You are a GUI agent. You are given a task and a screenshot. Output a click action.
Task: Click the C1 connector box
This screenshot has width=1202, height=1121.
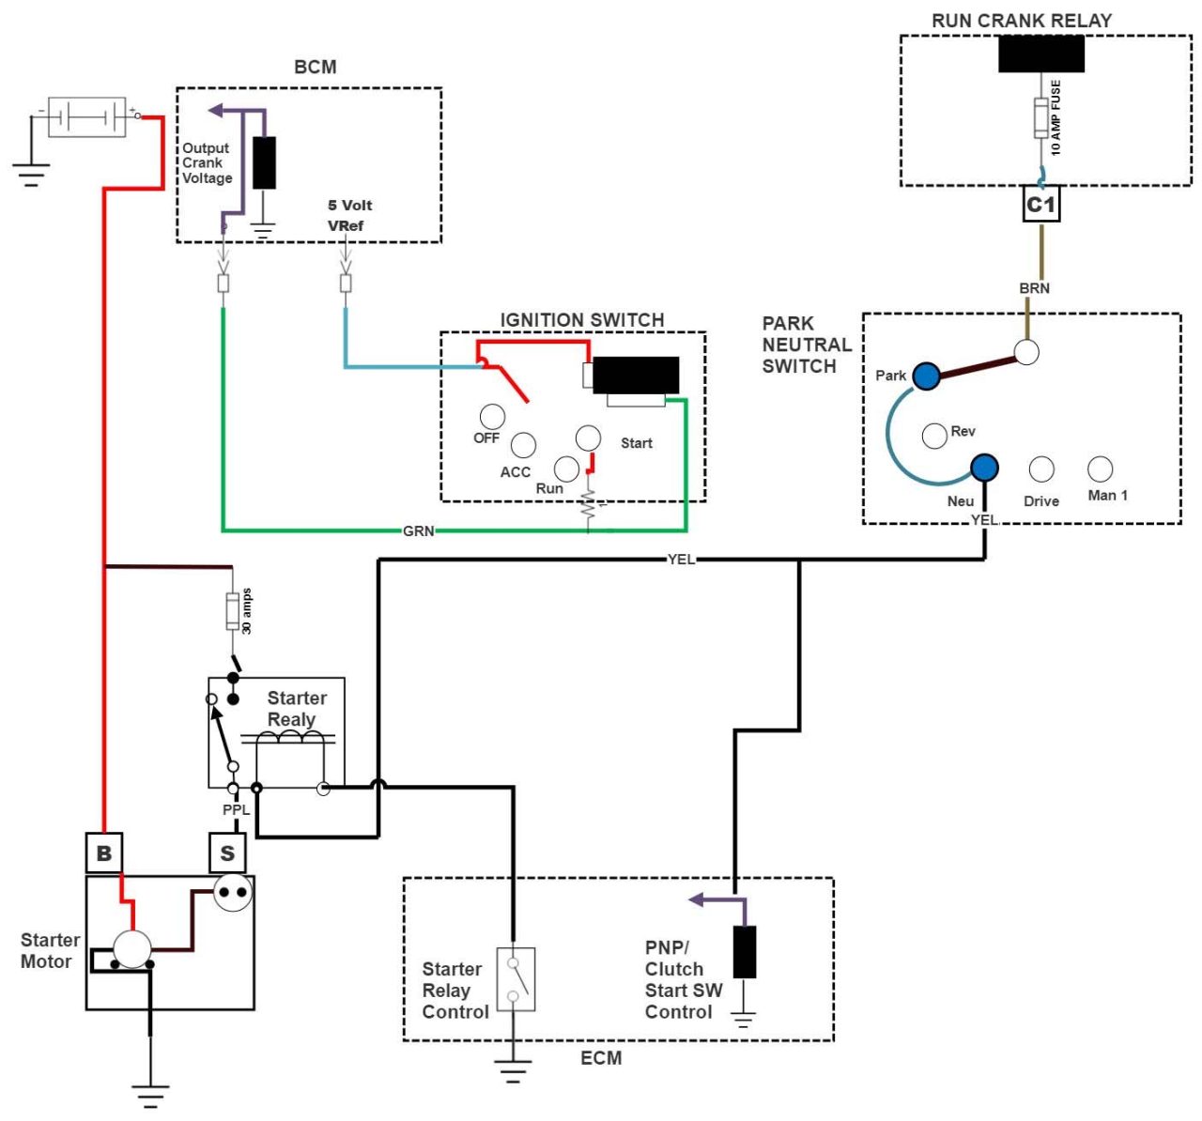pos(1040,205)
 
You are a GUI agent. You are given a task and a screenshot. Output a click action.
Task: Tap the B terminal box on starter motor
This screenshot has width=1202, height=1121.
pos(104,852)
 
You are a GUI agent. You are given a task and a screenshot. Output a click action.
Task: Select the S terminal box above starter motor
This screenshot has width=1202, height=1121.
pos(227,852)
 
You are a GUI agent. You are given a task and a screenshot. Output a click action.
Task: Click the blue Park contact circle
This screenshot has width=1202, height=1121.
pos(927,376)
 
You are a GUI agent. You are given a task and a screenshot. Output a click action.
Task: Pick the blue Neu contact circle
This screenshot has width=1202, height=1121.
pos(984,467)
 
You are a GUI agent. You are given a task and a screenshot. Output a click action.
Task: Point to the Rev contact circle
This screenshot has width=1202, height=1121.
pos(934,436)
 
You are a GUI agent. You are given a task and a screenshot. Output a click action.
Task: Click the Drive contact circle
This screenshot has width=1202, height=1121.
pos(1041,468)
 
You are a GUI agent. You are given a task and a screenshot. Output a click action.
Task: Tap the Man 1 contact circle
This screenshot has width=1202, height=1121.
pos(1100,468)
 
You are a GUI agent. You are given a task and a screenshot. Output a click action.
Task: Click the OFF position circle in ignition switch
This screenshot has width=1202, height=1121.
pos(492,416)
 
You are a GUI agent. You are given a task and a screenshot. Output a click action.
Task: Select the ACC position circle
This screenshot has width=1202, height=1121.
pos(523,444)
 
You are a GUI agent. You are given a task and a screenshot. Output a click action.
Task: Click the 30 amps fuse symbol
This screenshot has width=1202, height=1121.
pos(232,611)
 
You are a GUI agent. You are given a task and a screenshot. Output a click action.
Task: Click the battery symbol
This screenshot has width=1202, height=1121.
pos(86,117)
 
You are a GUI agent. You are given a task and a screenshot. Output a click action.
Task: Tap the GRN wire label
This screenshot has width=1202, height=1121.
pos(419,531)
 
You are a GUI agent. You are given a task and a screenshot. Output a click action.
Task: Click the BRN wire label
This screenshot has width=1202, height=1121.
pos(1034,288)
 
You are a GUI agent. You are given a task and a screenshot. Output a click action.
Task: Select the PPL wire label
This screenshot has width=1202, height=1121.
pos(236,809)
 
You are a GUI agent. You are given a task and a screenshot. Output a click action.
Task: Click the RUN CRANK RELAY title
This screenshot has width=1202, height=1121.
pos(1021,21)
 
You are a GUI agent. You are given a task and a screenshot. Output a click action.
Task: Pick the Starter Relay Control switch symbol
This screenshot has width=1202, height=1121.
pos(516,979)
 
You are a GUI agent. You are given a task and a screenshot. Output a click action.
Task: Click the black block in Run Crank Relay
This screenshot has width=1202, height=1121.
pos(1040,54)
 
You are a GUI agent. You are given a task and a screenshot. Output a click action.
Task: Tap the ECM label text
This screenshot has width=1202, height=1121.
pos(601,1058)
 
